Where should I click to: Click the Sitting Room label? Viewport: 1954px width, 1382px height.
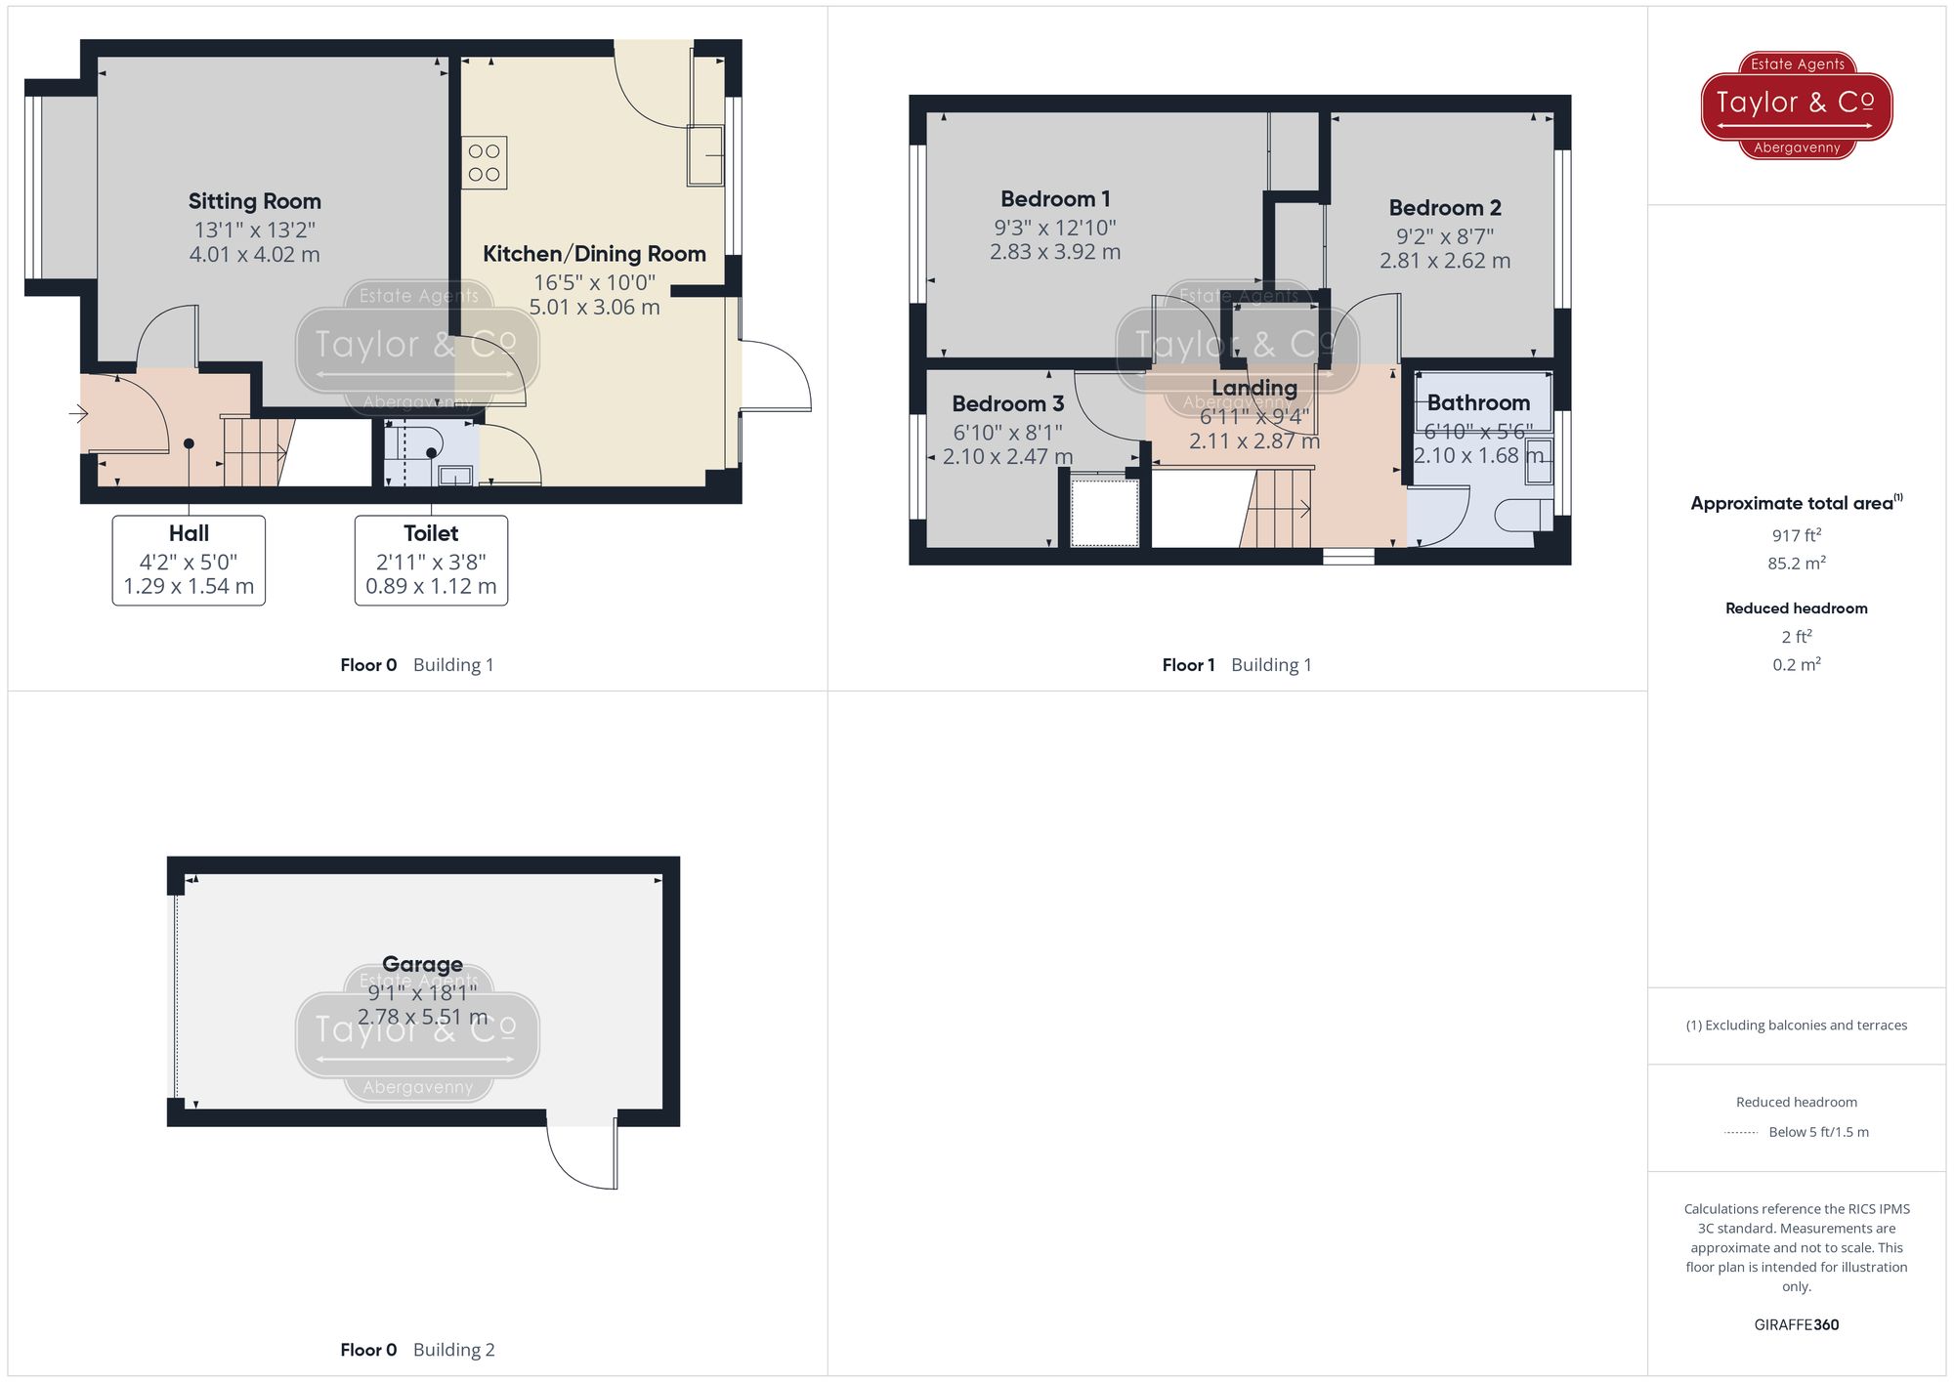254,201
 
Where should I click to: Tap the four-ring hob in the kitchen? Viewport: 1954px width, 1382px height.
484,163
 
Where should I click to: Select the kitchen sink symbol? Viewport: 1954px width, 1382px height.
705,155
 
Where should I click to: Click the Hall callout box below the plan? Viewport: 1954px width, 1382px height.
189,560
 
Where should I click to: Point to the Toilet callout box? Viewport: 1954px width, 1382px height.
431,560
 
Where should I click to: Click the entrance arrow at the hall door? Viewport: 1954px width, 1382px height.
78,414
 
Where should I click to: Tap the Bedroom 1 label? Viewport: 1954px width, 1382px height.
1055,199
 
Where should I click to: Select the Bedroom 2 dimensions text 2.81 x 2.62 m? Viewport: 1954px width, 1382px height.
1444,261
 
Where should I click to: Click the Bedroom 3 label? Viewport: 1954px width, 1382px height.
1007,404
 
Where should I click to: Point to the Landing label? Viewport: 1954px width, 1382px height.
1254,388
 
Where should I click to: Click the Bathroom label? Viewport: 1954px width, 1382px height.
1478,402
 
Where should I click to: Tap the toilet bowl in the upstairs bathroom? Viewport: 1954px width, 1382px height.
1522,515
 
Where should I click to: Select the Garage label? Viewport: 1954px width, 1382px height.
422,964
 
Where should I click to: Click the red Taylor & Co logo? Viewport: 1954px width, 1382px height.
1796,105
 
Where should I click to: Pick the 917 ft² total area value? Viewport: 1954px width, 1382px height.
1796,535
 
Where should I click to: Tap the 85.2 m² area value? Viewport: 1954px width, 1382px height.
1796,564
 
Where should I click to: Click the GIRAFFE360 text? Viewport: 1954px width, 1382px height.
1796,1324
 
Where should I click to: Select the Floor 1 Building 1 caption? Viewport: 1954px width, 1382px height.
1236,665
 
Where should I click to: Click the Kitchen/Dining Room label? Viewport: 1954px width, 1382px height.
594,254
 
